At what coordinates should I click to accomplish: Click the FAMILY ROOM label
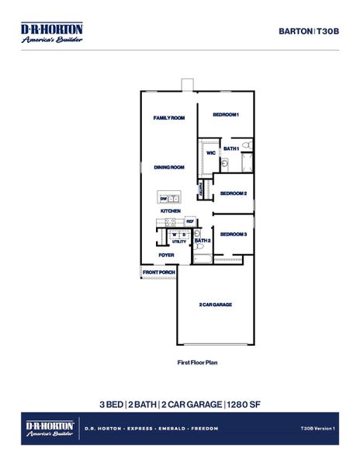click(168, 118)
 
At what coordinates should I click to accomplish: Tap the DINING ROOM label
click(168, 167)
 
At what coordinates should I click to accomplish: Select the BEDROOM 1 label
click(226, 115)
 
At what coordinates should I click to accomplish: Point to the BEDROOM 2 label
click(234, 193)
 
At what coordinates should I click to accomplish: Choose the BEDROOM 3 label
click(233, 234)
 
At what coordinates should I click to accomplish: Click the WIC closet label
click(210, 153)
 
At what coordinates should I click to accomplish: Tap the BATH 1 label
click(231, 148)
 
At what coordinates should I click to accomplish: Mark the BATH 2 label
click(203, 241)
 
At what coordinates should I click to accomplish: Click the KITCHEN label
click(171, 210)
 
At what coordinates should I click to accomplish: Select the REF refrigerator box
click(189, 221)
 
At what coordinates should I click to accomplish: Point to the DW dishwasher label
click(164, 198)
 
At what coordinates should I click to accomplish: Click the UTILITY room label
click(179, 242)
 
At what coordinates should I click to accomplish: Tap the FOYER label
click(166, 255)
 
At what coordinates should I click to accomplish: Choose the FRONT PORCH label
click(158, 273)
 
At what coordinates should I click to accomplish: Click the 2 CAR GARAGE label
click(215, 304)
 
